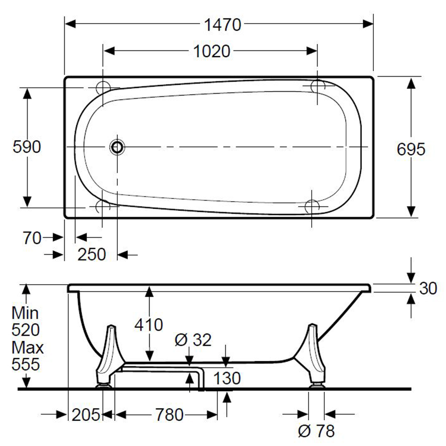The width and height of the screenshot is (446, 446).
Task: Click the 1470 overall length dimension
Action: point(223,25)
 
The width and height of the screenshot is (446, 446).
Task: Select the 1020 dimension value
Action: point(211,51)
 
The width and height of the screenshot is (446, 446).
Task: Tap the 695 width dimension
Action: point(411,149)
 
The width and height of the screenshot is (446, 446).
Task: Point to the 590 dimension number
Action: point(27,147)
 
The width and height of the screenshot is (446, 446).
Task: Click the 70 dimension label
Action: point(32,238)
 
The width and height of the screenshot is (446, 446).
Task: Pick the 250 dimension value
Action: point(91,254)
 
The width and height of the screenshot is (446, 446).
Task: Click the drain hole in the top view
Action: point(117,147)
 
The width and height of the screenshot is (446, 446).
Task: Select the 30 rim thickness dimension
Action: point(428,288)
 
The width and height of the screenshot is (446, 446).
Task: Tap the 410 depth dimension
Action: point(149,325)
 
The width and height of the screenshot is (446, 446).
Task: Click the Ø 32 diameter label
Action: point(193,339)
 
